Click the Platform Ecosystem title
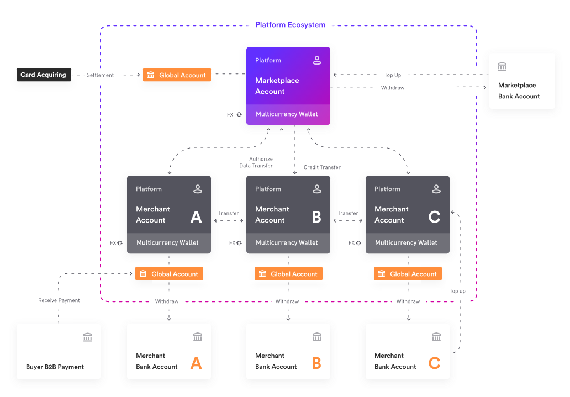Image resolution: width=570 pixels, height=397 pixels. tap(290, 25)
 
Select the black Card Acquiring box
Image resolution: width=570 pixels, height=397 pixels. tap(44, 75)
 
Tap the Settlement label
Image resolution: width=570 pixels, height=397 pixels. tap(101, 75)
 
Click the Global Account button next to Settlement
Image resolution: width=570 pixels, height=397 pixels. tap(177, 75)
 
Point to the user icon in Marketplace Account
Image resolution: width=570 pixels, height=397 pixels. tap(317, 60)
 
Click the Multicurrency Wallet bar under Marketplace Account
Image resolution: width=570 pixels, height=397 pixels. tap(287, 114)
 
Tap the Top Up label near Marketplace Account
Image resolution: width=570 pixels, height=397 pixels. tap(393, 75)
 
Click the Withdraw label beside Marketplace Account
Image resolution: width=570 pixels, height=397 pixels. tap(393, 88)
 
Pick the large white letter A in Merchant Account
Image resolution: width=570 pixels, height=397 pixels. tap(196, 217)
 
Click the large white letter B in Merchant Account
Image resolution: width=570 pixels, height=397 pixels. tap(316, 217)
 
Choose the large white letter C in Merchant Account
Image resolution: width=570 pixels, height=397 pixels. tap(435, 217)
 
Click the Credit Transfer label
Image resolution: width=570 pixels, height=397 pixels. tap(322, 167)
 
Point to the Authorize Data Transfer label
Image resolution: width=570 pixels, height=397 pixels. tap(256, 162)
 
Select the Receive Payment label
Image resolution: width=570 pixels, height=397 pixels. tap(59, 300)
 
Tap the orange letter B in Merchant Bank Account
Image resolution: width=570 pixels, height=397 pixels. tap(316, 363)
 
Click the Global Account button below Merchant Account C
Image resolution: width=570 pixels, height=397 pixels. tap(408, 274)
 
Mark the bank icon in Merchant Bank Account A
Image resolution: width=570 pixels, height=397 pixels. tap(198, 337)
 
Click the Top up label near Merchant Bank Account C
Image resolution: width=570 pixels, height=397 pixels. tap(457, 291)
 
